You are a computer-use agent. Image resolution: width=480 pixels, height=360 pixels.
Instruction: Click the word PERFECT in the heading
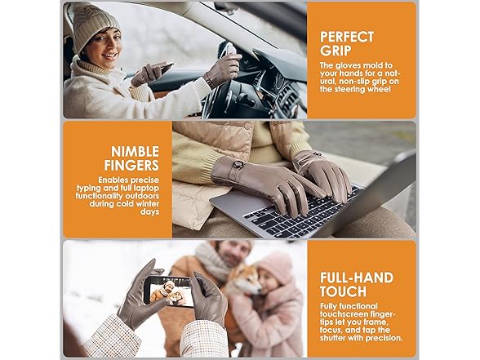[x=347, y=37]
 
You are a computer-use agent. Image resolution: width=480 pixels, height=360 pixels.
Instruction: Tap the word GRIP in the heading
[x=336, y=51]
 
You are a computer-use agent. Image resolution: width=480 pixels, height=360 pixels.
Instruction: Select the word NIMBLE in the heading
[x=135, y=152]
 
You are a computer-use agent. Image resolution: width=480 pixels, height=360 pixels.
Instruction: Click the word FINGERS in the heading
[x=131, y=165]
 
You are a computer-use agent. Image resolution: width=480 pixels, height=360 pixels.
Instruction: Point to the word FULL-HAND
[x=357, y=278]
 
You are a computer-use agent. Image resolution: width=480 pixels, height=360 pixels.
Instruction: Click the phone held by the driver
[x=167, y=66]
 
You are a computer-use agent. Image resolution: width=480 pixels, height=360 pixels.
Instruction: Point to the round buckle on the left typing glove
[x=238, y=164]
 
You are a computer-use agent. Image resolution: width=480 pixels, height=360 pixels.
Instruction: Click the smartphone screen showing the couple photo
[x=170, y=291]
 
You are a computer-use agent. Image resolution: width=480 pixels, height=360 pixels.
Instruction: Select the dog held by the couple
[x=244, y=280]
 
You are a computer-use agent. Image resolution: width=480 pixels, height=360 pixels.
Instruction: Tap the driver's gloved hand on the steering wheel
[x=223, y=69]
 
